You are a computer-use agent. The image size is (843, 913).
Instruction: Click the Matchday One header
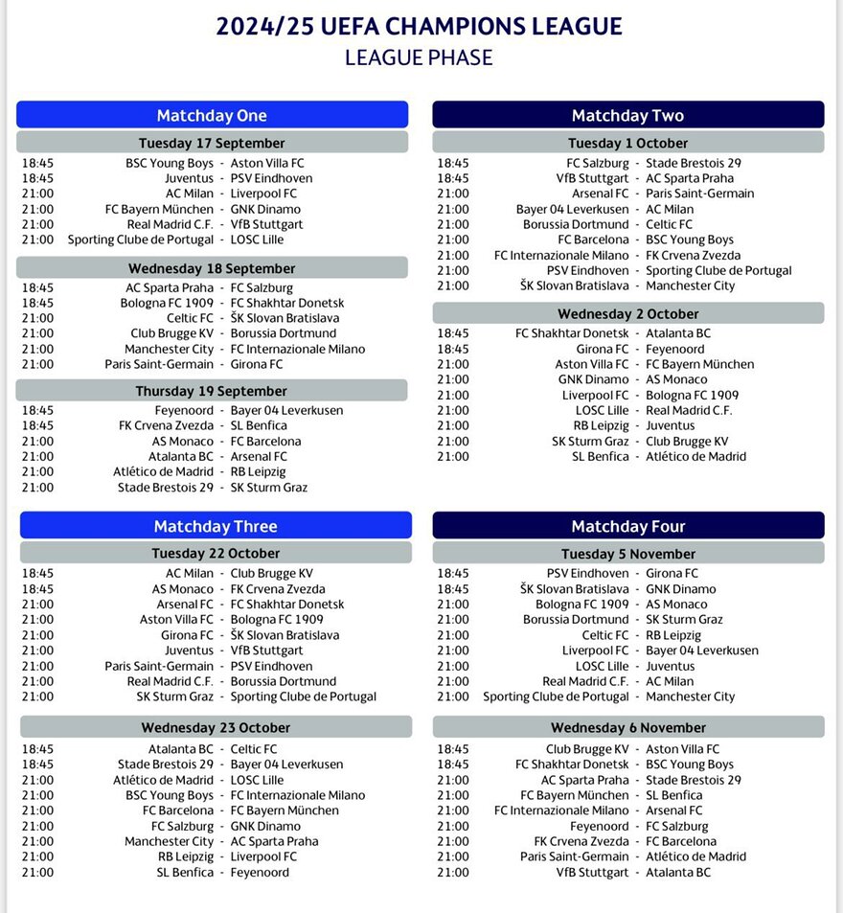click(x=212, y=115)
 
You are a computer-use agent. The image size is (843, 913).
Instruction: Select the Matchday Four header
click(x=627, y=526)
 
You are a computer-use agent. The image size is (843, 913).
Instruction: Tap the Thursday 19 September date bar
click(x=212, y=391)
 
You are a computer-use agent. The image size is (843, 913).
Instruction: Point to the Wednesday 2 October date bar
click(x=627, y=313)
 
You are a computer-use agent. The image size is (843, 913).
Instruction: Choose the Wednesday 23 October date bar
click(x=216, y=727)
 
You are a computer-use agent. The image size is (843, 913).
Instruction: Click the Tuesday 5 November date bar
click(x=627, y=554)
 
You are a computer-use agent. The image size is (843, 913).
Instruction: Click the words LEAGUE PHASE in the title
click(x=419, y=57)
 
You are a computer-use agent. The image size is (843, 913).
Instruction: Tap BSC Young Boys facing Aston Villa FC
click(x=170, y=163)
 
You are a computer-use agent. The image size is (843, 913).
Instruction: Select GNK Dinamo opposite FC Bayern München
click(x=265, y=209)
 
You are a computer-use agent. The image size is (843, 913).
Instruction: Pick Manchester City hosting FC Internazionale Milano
click(x=170, y=349)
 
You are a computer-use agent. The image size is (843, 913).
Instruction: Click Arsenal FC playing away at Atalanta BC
click(x=259, y=457)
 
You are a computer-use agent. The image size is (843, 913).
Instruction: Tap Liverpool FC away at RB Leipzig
click(x=264, y=856)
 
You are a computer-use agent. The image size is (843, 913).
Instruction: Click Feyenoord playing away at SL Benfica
click(x=260, y=872)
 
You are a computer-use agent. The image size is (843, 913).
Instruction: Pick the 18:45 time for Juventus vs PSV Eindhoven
click(x=37, y=178)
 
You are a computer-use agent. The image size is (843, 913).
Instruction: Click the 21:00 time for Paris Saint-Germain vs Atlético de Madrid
click(x=453, y=856)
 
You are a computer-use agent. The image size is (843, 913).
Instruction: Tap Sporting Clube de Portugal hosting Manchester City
click(x=556, y=696)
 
